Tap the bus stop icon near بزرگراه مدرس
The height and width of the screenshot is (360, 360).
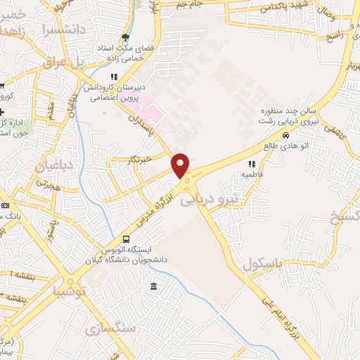click(x=126, y=240)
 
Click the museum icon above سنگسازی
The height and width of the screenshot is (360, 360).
click(x=154, y=286)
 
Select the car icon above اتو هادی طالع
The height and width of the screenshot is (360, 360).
click(x=285, y=136)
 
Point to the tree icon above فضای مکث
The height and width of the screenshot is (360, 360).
click(x=125, y=37)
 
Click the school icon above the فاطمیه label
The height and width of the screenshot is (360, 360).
click(x=251, y=163)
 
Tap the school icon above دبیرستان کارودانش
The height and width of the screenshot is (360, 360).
click(x=112, y=77)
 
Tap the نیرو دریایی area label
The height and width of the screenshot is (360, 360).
click(x=210, y=199)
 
